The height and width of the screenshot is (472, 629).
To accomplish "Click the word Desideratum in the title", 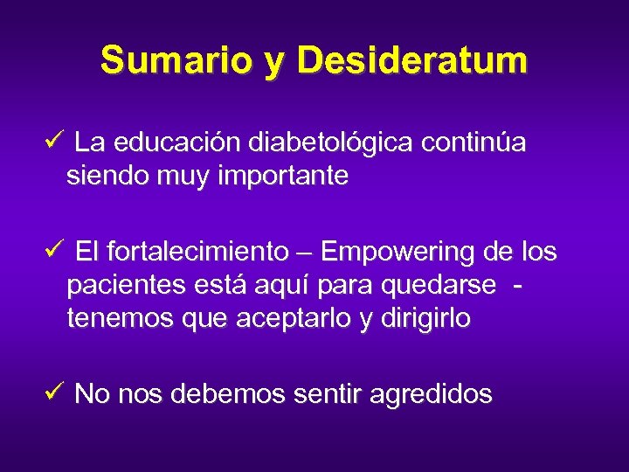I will (x=412, y=61).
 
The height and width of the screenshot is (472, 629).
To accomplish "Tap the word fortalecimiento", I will (x=197, y=253).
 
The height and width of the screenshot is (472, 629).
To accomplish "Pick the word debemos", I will (x=227, y=395).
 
